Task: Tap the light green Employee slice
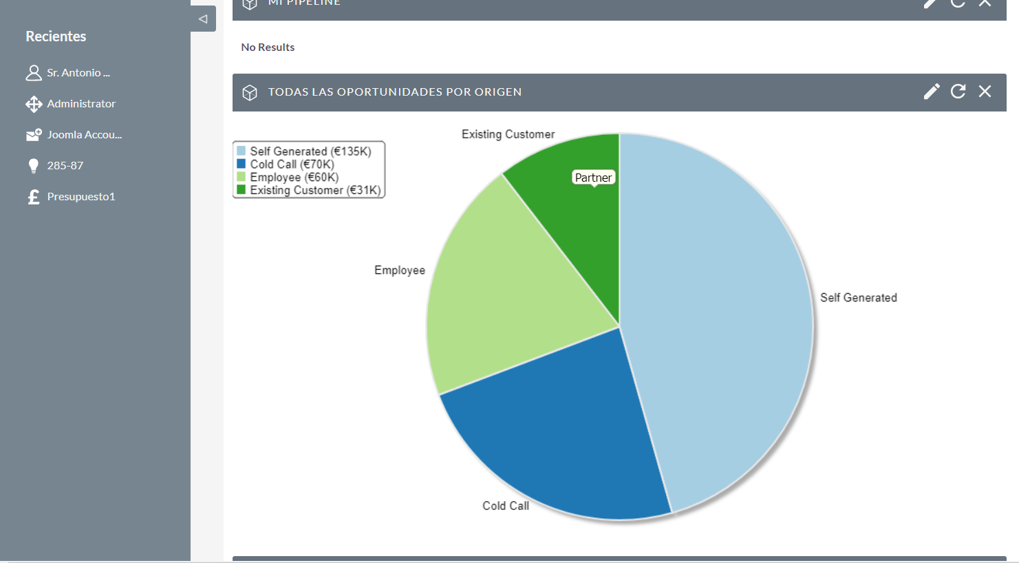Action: (x=502, y=296)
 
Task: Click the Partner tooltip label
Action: (x=593, y=178)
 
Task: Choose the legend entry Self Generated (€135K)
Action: (x=310, y=151)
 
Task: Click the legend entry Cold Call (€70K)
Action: (x=292, y=164)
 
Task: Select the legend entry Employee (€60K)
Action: (x=294, y=178)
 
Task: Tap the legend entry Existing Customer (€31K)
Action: (x=314, y=191)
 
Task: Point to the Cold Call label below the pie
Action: (x=506, y=506)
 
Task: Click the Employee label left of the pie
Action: (x=400, y=270)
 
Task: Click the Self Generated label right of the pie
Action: (x=858, y=298)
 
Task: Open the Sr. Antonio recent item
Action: (x=78, y=73)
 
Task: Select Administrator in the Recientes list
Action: (x=81, y=104)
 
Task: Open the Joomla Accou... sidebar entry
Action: (x=84, y=135)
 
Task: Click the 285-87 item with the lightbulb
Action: (x=65, y=166)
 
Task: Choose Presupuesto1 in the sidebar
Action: (x=81, y=197)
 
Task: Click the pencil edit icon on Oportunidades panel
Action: (x=932, y=92)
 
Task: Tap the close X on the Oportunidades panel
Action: (x=985, y=92)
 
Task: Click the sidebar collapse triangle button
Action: (x=203, y=19)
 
